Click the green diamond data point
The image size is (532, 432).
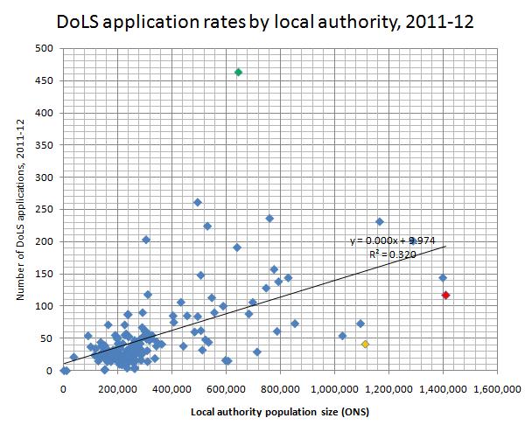(x=239, y=72)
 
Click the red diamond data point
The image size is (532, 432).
(x=445, y=295)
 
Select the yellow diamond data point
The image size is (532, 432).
(x=365, y=345)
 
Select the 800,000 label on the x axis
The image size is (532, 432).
(x=281, y=387)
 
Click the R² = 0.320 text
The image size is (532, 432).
(x=391, y=254)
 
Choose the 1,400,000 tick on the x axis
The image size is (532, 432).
(x=443, y=387)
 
